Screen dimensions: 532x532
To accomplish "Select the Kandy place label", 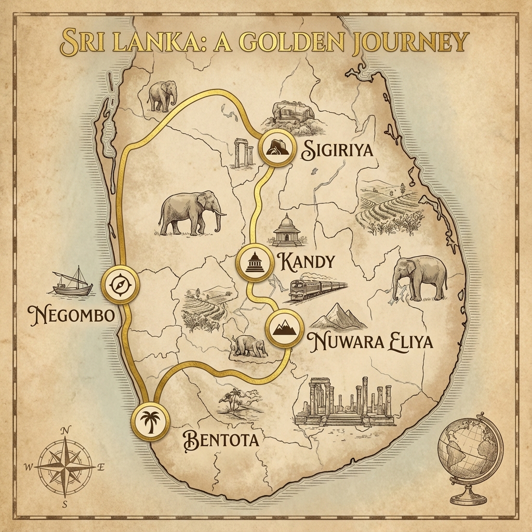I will pos(307,261).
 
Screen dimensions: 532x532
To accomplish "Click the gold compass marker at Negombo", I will pos(121,285).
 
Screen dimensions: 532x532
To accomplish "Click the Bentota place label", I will pos(221,440).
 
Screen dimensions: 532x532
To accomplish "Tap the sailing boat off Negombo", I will pos(72,283).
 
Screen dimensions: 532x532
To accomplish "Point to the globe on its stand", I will pos(470,455).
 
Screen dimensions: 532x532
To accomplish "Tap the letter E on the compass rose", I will pos(101,467).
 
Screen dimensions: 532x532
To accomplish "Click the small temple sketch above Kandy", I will pos(286,230).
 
